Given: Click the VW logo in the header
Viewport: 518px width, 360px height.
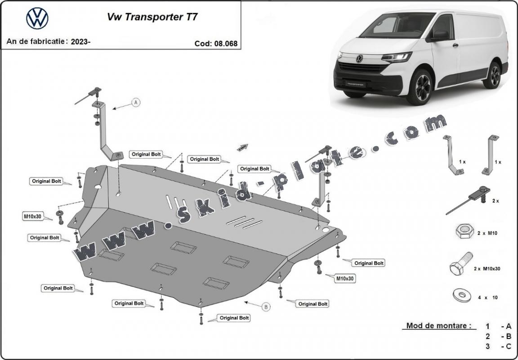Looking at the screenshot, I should tap(37, 19).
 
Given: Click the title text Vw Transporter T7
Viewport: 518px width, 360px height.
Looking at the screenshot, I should tap(152, 17).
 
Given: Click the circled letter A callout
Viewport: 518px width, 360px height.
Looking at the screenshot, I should tap(136, 102).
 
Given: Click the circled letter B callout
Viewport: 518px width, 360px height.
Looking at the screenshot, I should tap(266, 307).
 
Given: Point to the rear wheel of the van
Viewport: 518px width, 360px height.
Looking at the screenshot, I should tap(493, 75).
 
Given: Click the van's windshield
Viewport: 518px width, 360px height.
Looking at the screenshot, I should tap(396, 26).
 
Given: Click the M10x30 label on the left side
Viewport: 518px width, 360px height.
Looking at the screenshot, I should tap(32, 216).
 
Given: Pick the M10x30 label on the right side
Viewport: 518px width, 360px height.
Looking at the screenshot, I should tap(345, 279).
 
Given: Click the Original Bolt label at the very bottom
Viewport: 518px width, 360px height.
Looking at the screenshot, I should tap(234, 318).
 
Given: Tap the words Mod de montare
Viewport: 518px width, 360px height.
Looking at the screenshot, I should tap(438, 326).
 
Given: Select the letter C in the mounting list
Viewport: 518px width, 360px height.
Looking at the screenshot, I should tap(509, 346).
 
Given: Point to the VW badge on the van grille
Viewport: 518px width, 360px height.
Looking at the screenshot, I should tap(359, 59).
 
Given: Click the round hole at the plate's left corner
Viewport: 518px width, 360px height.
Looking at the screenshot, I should tap(98, 187).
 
